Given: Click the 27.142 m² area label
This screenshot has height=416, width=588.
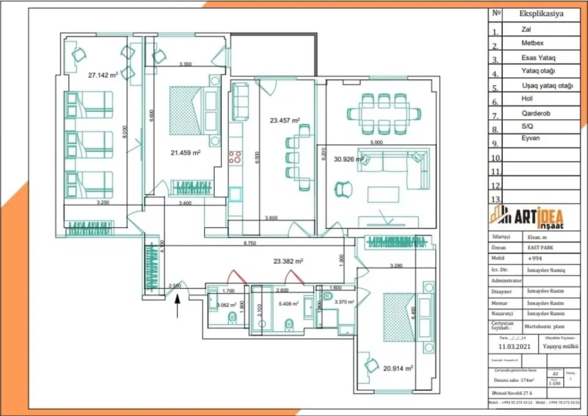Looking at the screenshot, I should tap(103, 75).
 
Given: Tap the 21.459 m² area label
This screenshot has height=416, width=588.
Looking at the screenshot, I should tap(186, 153).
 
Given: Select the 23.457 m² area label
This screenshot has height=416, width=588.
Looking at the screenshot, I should tap(284, 120).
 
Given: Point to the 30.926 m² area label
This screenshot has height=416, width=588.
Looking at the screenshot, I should tap(344, 159).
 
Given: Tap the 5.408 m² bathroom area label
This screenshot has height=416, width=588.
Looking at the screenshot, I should tap(288, 303).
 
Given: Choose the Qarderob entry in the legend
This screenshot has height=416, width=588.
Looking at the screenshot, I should tap(535, 113).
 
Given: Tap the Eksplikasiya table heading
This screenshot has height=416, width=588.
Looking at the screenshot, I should tap(541, 14).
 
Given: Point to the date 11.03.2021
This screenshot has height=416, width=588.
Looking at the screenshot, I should tap(515, 346).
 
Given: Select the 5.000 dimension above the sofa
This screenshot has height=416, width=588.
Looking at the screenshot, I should tap(376, 141).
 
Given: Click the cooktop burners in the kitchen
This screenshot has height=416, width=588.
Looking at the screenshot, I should tap(236, 157).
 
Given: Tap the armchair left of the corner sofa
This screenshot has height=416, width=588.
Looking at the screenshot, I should tap(343, 189).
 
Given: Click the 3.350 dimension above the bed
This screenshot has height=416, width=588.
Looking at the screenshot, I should tap(186, 64).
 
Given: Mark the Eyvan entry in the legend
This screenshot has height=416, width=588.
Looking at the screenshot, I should tap(530, 138).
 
